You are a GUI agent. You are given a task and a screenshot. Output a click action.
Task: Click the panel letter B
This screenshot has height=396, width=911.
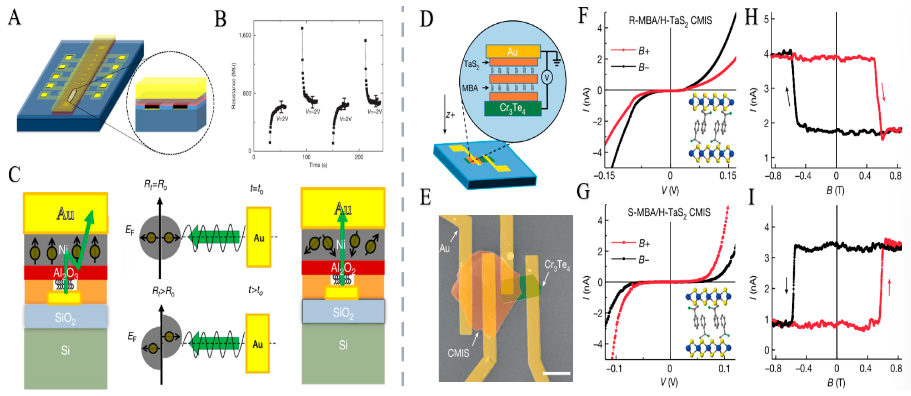(x=220, y=19)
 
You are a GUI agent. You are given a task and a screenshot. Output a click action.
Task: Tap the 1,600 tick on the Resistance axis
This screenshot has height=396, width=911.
(x=245, y=35)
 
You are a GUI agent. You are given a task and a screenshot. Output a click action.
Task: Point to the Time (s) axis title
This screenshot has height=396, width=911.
(x=318, y=165)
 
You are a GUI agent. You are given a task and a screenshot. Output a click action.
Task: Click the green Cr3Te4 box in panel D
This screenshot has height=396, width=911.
(x=512, y=108)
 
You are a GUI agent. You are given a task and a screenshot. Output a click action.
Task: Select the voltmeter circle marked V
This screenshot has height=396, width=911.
(x=547, y=77)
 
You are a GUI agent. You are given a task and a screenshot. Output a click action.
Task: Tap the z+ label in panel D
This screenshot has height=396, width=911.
(x=450, y=115)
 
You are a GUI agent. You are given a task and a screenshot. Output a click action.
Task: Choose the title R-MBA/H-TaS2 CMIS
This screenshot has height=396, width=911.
(x=670, y=21)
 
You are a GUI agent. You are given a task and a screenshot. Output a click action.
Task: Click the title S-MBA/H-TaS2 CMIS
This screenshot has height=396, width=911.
(x=669, y=213)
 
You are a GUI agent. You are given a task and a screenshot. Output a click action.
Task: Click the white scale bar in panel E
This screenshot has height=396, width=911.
(x=556, y=374)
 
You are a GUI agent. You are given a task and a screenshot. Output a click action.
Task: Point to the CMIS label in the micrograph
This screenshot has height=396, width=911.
(x=458, y=353)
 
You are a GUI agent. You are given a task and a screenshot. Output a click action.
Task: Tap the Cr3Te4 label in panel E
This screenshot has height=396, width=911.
(x=557, y=265)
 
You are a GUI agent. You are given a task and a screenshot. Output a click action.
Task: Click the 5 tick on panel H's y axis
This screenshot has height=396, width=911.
(x=766, y=19)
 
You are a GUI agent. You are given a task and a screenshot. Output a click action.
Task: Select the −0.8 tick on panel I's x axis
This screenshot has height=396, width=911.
(x=773, y=368)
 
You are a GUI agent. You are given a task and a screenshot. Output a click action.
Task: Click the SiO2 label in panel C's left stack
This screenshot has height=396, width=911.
(x=65, y=318)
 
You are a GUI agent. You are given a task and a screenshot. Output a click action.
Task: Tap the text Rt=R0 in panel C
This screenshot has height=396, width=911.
(x=155, y=185)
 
